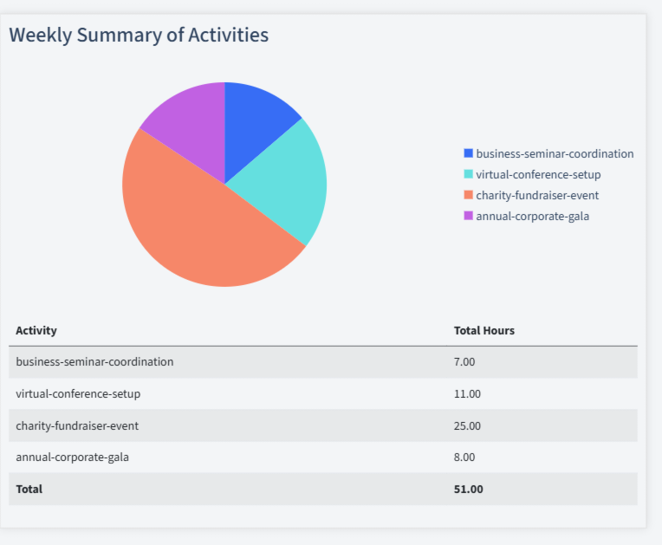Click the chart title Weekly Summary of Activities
click(139, 35)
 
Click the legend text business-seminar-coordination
click(555, 153)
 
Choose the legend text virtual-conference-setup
click(538, 174)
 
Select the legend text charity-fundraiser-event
click(537, 195)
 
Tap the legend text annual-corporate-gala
click(532, 216)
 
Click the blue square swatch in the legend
click(469, 153)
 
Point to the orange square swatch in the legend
click(469, 195)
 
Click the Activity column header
click(36, 330)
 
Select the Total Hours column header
click(484, 330)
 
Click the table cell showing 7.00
click(464, 361)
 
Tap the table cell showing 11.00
click(467, 393)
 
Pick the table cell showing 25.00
click(467, 425)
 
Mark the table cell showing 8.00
click(464, 457)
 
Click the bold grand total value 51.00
click(469, 489)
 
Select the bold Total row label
click(29, 489)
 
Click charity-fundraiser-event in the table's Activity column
click(77, 425)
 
